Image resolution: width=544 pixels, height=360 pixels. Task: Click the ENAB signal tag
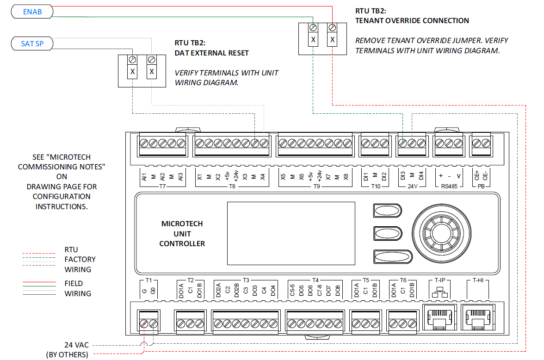tap(32, 12)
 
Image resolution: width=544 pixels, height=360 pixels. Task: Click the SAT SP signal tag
tap(32, 44)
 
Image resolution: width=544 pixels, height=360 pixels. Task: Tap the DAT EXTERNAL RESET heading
tap(211, 53)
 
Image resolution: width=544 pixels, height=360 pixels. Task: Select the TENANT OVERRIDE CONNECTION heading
tap(412, 20)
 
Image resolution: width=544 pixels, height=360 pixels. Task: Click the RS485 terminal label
tap(449, 186)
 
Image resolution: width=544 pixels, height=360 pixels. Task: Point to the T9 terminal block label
tap(316, 186)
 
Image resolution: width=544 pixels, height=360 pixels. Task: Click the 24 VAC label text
tap(76, 345)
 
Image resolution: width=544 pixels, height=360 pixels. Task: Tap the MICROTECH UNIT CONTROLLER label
tap(182, 234)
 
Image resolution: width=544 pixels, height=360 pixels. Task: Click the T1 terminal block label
tap(148, 280)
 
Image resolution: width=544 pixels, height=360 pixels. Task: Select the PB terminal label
tap(481, 186)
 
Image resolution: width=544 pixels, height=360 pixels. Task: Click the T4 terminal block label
tap(315, 280)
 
